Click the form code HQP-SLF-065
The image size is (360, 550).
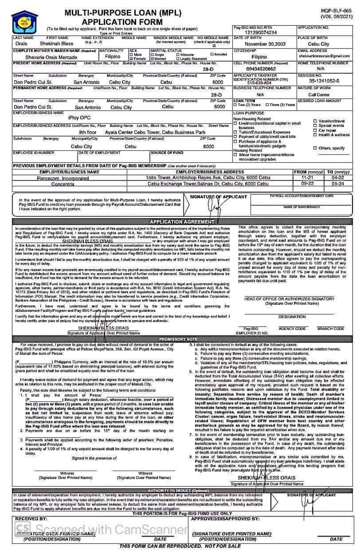pos(342,10)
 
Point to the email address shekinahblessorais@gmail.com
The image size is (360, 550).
pos(327,56)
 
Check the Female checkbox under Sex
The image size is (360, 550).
pos(132,59)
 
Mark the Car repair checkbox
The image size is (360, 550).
pos(315,130)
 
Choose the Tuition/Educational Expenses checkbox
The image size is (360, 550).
pos(235,132)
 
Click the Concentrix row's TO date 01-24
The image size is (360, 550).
pos(338,184)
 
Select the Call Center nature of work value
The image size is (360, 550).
pos(319,94)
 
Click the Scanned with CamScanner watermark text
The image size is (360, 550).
pos(102,529)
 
